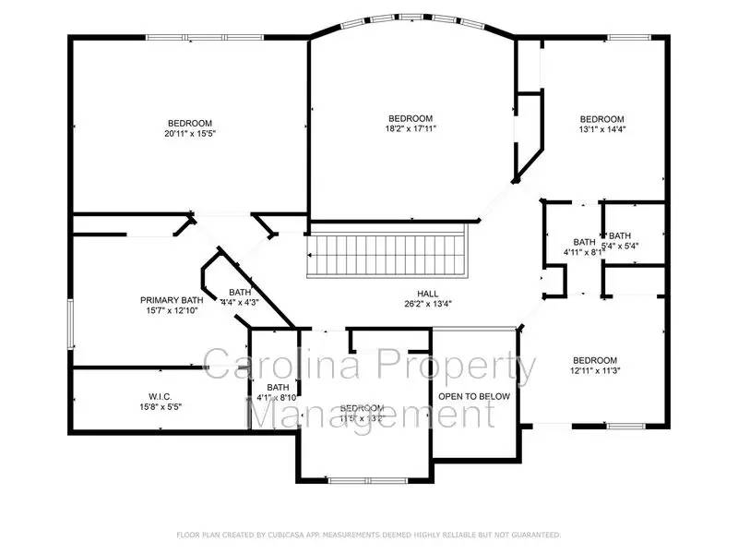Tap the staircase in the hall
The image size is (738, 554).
coord(388,254)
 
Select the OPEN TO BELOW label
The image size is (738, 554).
coord(474,396)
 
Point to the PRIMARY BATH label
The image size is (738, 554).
coord(171,300)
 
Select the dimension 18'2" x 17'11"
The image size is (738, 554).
coord(411,129)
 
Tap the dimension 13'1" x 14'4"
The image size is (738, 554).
coord(601,130)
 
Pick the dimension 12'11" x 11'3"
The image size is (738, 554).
coord(595,372)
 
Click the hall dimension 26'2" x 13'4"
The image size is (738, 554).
coord(428,303)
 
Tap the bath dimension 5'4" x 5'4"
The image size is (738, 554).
coord(620,247)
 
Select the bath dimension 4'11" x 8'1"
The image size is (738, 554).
coord(583,251)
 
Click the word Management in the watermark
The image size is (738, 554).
coord(374,413)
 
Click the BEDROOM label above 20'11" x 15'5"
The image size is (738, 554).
coord(189,124)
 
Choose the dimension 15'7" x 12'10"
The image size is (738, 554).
coord(171,311)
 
